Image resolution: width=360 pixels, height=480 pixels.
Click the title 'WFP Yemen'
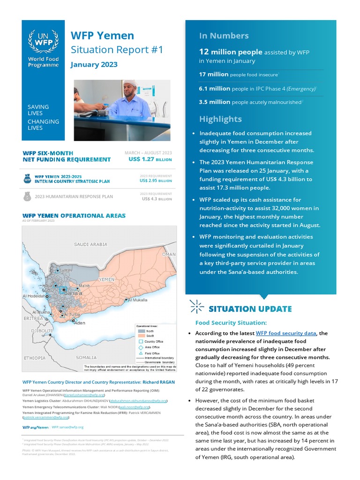pos(102,36)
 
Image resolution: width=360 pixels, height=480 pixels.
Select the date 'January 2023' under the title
pos(94,65)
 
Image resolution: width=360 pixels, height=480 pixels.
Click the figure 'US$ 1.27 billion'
pos(150,159)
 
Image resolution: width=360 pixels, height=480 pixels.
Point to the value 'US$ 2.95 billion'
pos(156,180)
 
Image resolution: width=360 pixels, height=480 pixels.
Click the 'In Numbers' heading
pos(224,36)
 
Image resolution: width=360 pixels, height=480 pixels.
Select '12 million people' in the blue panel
pos(230,52)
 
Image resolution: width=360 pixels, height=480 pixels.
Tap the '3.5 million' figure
pos(214,102)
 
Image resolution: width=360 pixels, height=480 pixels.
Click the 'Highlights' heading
pos(220,119)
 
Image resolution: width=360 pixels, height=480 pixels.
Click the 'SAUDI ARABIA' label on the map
pos(90,244)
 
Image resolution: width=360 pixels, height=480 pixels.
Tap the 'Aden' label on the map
pos(80,323)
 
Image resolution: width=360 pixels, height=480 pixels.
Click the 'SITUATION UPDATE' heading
pos(250,309)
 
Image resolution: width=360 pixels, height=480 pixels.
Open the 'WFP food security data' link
pos(286,333)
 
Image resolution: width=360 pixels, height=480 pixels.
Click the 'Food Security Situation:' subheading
pos(231,322)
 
